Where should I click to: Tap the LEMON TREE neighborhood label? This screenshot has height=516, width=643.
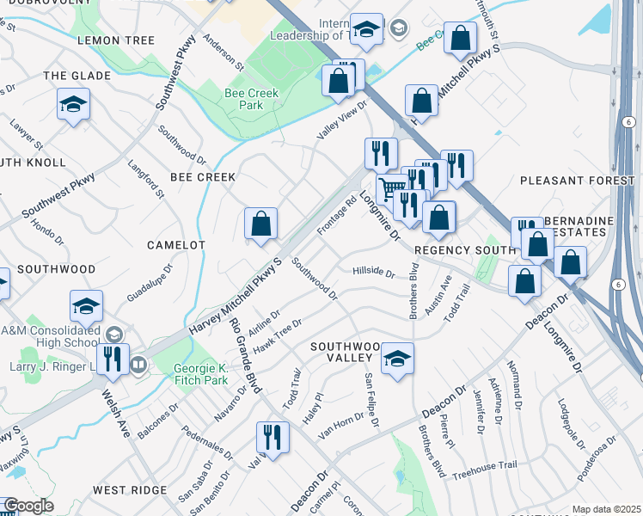coord(116,40)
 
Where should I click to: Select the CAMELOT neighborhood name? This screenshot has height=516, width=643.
coord(176,245)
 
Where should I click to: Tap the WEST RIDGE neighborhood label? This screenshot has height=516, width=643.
coord(129,489)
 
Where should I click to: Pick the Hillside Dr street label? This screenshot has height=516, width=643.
coord(373,273)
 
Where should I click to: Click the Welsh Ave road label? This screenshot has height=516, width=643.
coord(113,414)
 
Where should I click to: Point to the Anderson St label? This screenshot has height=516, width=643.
coord(225,52)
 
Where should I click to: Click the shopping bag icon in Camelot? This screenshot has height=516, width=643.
coord(260,224)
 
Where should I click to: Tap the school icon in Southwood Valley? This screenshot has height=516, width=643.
coord(397,358)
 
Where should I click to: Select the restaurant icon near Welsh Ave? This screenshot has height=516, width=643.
coord(112,358)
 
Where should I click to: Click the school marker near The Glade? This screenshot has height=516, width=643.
coord(73,105)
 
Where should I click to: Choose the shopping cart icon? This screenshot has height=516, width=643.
coord(392,187)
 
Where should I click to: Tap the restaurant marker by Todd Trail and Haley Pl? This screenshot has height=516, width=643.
coord(273,436)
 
